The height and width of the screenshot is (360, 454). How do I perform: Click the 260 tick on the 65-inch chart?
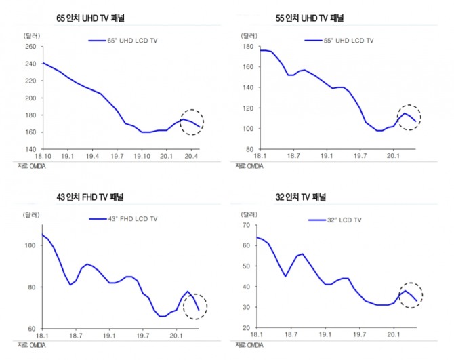coord(30,47)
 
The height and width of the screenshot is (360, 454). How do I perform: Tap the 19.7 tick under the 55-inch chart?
coord(360,156)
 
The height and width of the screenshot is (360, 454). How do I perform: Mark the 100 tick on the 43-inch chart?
coord(30,245)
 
